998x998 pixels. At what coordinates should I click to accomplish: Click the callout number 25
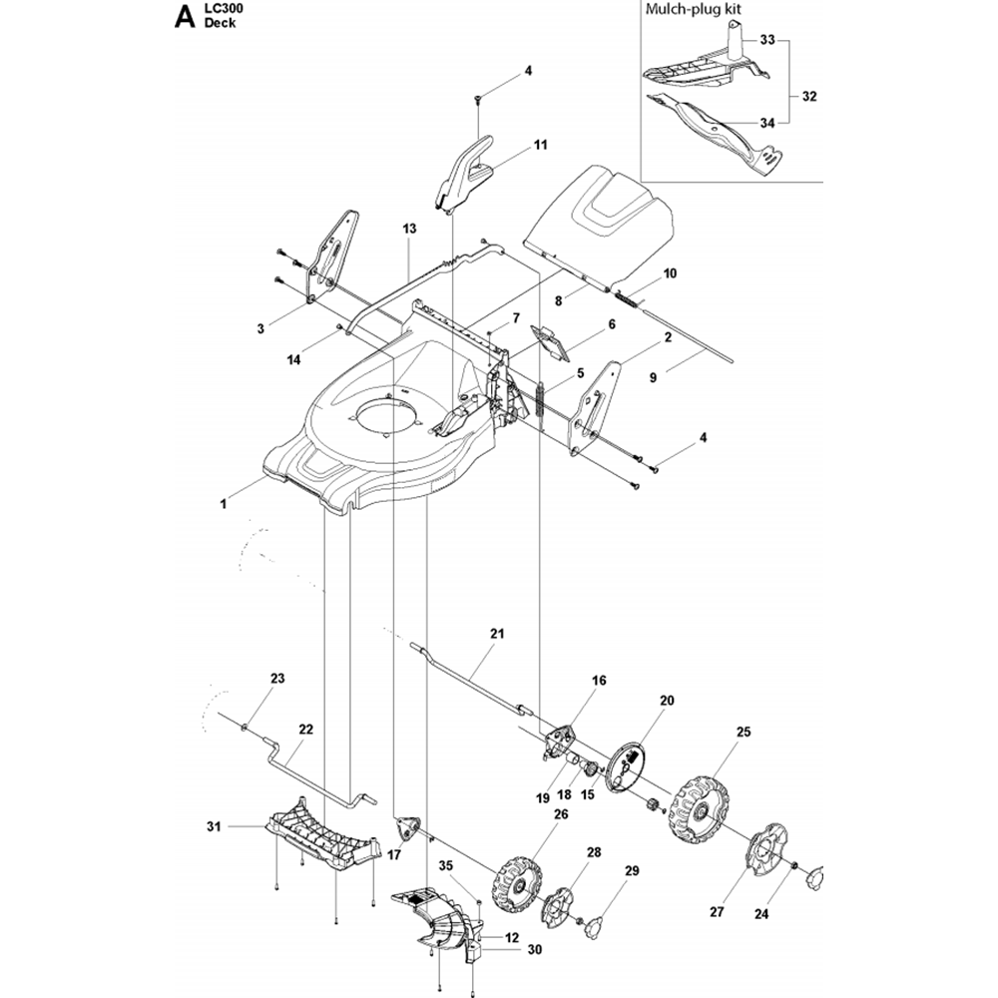click(743, 732)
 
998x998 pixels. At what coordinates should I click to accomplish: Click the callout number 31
click(212, 826)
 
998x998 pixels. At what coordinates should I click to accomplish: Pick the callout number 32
click(808, 97)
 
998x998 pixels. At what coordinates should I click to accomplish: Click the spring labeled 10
click(624, 293)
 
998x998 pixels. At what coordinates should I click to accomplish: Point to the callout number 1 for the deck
click(223, 505)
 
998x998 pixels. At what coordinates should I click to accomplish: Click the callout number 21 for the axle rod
click(497, 634)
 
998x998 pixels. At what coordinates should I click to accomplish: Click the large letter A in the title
click(183, 17)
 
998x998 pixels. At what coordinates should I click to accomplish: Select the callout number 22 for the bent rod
click(305, 730)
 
